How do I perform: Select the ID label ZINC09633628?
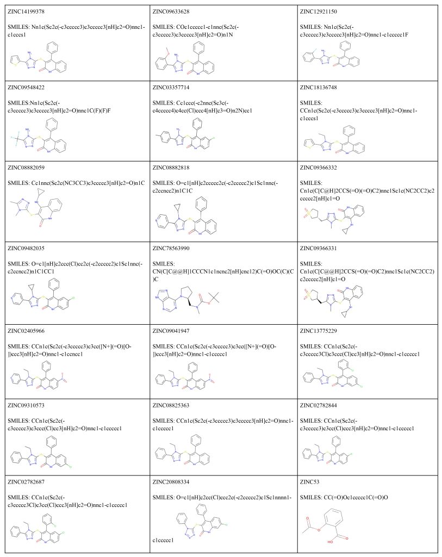(175, 11)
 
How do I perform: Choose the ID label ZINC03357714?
(175, 86)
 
